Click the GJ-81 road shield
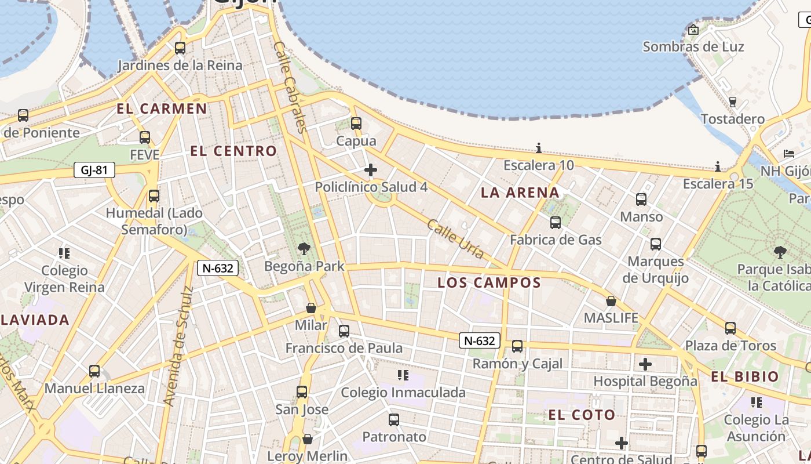(94, 170)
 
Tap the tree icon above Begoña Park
(304, 249)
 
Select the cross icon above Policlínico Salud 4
(371, 170)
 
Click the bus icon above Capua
(356, 124)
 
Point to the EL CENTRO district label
(233, 151)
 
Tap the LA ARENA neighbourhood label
(520, 193)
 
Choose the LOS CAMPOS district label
(489, 282)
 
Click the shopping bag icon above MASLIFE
(611, 301)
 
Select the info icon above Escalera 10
(539, 148)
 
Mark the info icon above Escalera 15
(718, 167)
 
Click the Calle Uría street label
(455, 238)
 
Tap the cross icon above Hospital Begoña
(645, 364)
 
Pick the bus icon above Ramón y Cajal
(517, 346)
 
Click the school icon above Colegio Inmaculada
(403, 375)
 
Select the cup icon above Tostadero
(733, 102)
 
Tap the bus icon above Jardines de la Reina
(180, 48)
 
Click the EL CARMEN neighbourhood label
(162, 108)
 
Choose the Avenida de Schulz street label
(177, 346)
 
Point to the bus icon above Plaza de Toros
(730, 328)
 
